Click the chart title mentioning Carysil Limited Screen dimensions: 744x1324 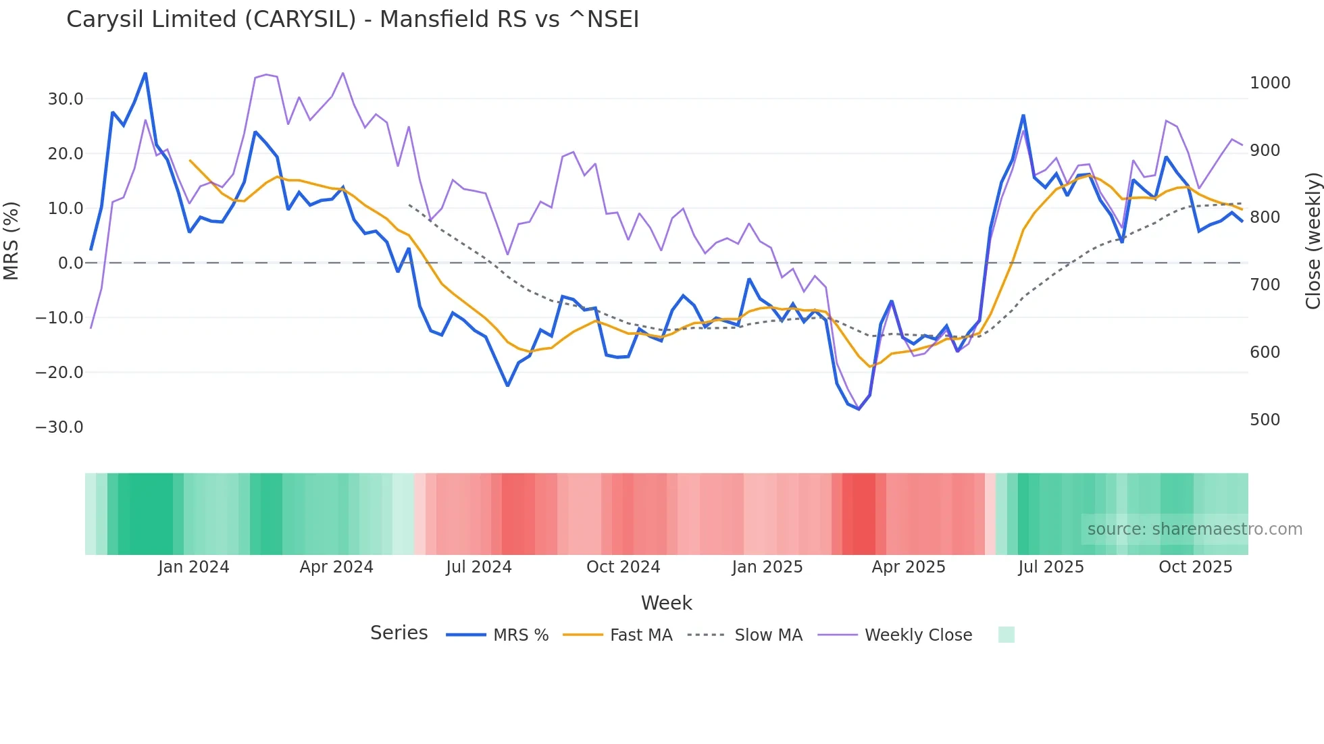[x=352, y=20]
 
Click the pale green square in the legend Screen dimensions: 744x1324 [x=1006, y=635]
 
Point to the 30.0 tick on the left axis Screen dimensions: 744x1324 [x=66, y=99]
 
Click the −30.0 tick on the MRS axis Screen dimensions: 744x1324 [x=59, y=427]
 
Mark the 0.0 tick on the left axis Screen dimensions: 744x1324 [x=70, y=263]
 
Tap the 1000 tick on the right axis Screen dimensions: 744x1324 [x=1270, y=83]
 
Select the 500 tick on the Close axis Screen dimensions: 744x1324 [x=1265, y=420]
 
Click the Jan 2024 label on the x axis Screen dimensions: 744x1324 [x=194, y=567]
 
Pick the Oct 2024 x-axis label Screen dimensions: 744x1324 [x=623, y=567]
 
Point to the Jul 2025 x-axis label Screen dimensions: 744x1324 [x=1050, y=567]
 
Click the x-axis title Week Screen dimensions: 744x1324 [x=666, y=603]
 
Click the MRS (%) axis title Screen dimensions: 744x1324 [x=11, y=241]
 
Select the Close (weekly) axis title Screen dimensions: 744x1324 [x=1313, y=241]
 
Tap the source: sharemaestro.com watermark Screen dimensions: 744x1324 [x=1194, y=529]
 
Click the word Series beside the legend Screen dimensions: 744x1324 [x=399, y=633]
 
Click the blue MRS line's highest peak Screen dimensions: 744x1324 [x=145, y=74]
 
